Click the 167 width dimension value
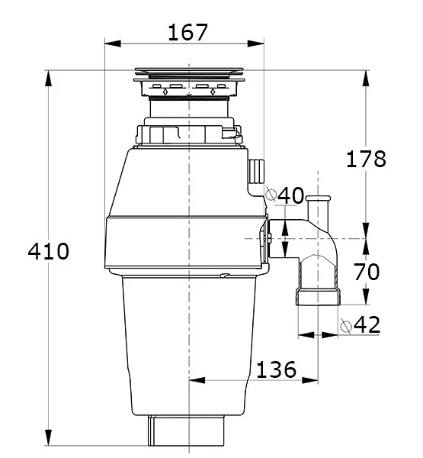click(187, 32)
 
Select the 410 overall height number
click(49, 251)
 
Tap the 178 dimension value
click(366, 159)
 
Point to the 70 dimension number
click(367, 271)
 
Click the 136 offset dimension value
click(276, 369)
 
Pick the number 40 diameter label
click(290, 195)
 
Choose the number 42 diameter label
click(367, 324)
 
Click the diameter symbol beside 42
click(346, 326)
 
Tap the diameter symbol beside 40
click(271, 194)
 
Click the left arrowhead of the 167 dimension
click(113, 44)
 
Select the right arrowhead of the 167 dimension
click(255, 44)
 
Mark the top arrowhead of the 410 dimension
click(49, 79)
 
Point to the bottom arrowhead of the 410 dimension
click(49, 437)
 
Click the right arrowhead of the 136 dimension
click(309, 380)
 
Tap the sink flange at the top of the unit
click(189, 75)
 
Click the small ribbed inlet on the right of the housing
click(256, 171)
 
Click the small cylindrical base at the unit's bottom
click(187, 431)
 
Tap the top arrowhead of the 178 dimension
click(366, 79)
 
